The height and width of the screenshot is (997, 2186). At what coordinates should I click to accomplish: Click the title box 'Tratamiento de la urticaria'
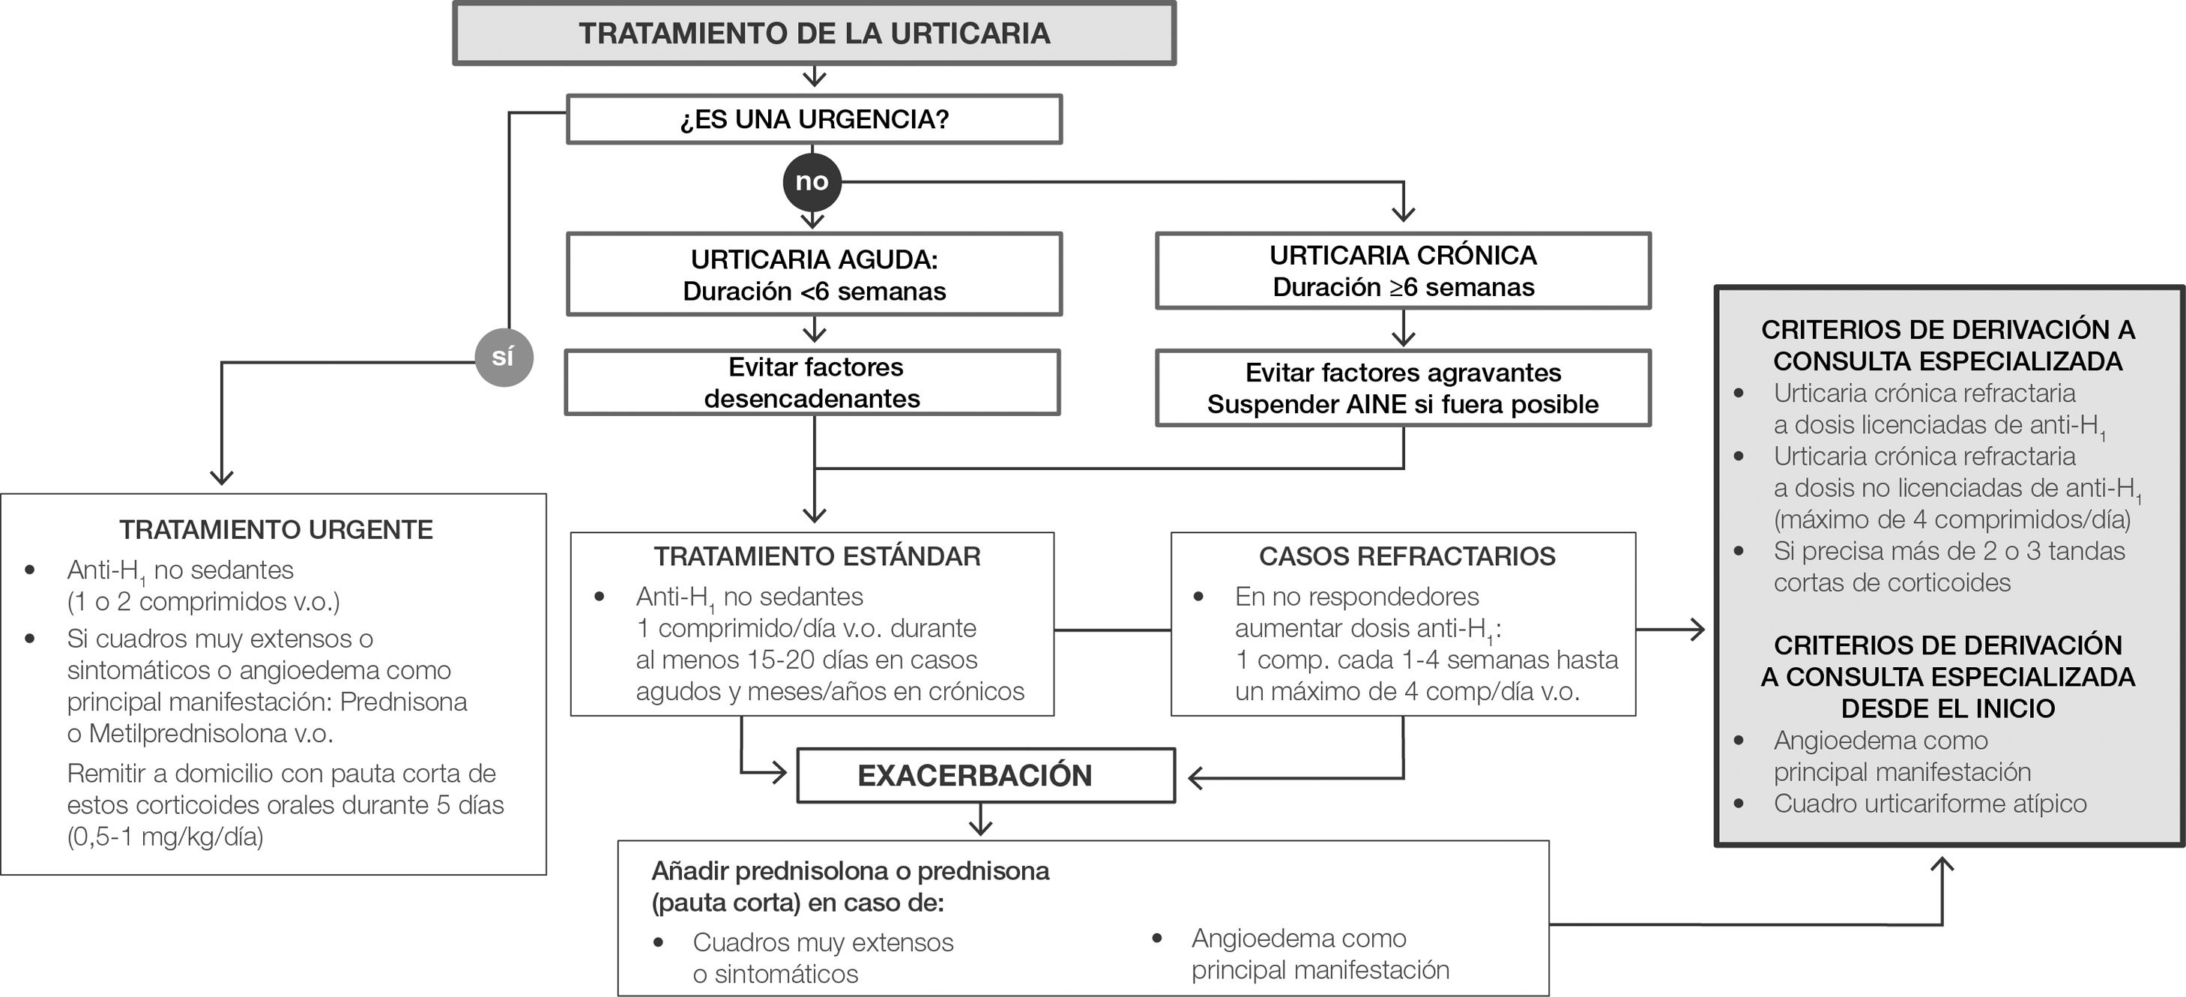click(x=814, y=33)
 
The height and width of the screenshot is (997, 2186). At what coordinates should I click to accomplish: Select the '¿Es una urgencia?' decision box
click(x=814, y=118)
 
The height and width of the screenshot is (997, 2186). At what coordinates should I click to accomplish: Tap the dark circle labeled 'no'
click(x=812, y=181)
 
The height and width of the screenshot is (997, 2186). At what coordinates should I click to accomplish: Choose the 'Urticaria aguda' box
click(x=814, y=274)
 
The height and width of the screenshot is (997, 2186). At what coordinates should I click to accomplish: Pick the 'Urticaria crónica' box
click(x=1403, y=270)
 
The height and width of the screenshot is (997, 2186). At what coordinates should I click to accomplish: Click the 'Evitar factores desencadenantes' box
click(x=812, y=382)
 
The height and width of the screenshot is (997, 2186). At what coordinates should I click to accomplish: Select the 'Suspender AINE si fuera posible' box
click(x=1403, y=404)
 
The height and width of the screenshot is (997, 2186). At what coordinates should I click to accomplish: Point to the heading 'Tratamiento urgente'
click(x=276, y=529)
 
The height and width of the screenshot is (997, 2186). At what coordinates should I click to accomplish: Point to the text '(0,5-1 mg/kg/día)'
click(x=166, y=837)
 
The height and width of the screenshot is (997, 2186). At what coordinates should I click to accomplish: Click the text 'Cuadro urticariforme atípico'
click(x=1930, y=804)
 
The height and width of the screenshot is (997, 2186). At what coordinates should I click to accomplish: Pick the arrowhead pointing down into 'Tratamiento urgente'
click(x=222, y=477)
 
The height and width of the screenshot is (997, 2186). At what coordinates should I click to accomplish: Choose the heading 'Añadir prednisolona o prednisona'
click(x=851, y=870)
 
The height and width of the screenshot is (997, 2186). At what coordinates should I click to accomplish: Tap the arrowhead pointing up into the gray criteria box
click(x=1942, y=866)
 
